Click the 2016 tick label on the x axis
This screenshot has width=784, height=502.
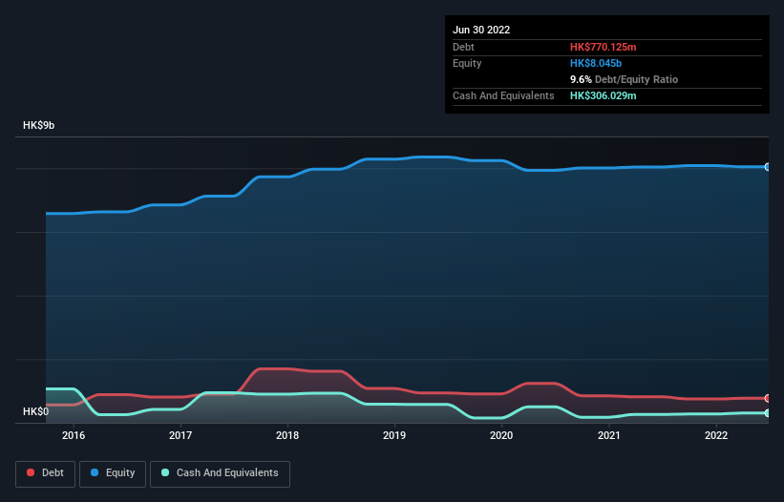(74, 435)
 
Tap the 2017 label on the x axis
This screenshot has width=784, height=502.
(180, 435)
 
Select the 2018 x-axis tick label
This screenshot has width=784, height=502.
(287, 435)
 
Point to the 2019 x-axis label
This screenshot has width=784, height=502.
(394, 435)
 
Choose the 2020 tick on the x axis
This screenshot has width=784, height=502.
(501, 435)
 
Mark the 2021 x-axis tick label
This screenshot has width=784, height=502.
(608, 435)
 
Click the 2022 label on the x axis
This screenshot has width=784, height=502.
(715, 435)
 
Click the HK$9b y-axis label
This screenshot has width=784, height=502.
(40, 126)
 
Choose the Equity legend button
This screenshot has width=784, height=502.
(113, 473)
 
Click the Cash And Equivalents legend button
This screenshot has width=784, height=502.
(220, 473)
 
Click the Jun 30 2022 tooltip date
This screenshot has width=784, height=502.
(481, 30)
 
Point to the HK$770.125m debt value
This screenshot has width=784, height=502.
(603, 47)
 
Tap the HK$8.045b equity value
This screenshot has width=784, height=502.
(596, 63)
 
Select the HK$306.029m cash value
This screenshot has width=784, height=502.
(604, 96)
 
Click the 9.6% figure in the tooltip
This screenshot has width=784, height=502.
(582, 80)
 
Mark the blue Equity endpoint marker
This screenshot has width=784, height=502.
(768, 167)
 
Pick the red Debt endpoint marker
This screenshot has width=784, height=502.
(768, 398)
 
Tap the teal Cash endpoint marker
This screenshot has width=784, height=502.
(768, 413)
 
